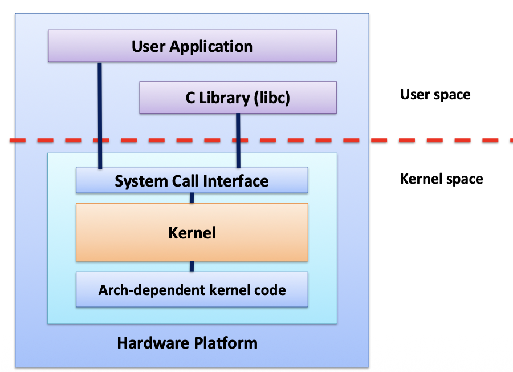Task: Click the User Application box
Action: pyautogui.click(x=192, y=46)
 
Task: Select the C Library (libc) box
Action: pyautogui.click(x=238, y=98)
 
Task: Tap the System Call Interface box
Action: pyautogui.click(x=192, y=181)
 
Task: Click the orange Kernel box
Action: pyautogui.click(x=192, y=232)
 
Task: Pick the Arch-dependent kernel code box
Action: pyautogui.click(x=192, y=290)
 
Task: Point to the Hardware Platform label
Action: pyautogui.click(x=187, y=343)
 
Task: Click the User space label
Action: pyautogui.click(x=435, y=94)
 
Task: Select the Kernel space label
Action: pyautogui.click(x=441, y=179)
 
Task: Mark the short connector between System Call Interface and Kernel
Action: pyautogui.click(x=192, y=198)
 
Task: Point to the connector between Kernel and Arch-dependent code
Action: pyautogui.click(x=192, y=266)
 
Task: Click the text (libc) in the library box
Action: pyautogui.click(x=271, y=98)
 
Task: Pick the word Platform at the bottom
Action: pyautogui.click(x=226, y=343)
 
